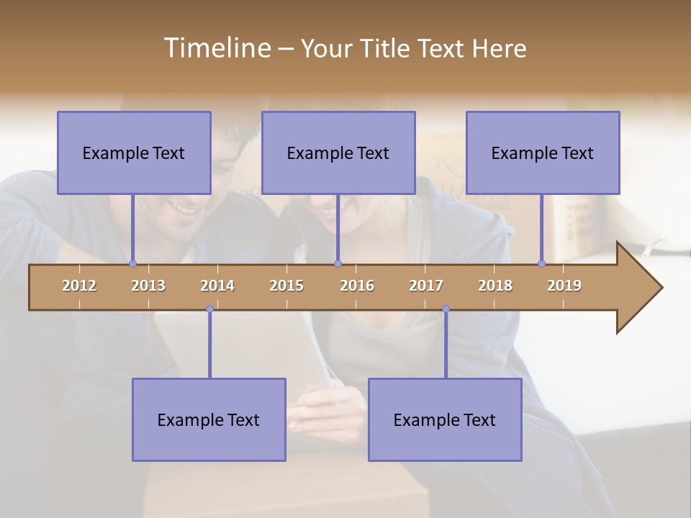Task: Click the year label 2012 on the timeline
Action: click(x=79, y=286)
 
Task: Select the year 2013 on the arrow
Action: click(x=148, y=286)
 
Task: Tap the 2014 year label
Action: click(x=217, y=286)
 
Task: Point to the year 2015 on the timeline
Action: click(x=286, y=286)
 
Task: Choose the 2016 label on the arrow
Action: click(x=357, y=286)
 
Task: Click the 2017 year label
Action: click(x=426, y=286)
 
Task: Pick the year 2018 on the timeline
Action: click(x=495, y=286)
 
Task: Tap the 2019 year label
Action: click(x=564, y=286)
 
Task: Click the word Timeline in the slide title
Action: click(x=215, y=48)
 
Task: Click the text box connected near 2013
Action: click(x=134, y=153)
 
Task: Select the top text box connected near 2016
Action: click(x=338, y=153)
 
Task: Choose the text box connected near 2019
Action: click(x=543, y=153)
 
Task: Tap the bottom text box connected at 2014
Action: click(x=209, y=419)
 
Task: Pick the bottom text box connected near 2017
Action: click(x=445, y=419)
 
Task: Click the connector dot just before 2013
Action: click(x=132, y=263)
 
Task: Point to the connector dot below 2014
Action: click(x=209, y=309)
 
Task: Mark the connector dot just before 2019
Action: click(x=541, y=263)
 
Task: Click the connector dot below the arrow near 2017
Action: click(x=446, y=309)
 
